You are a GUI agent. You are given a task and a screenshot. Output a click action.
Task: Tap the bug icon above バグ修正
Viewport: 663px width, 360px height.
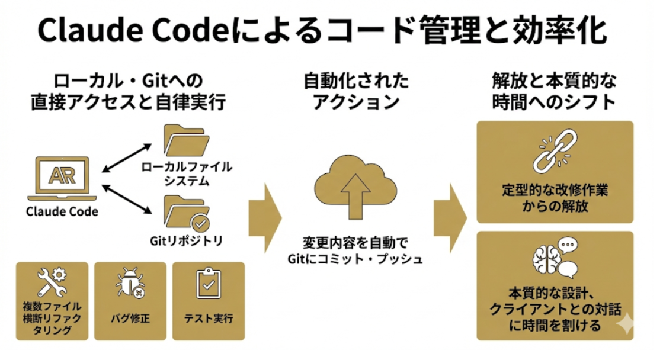click(130, 284)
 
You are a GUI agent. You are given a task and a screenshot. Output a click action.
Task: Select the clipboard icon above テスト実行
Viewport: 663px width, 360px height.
click(207, 284)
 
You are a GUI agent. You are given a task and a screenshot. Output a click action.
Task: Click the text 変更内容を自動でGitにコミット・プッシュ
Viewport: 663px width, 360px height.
click(355, 250)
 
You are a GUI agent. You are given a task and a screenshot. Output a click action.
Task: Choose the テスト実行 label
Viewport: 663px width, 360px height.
click(207, 319)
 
